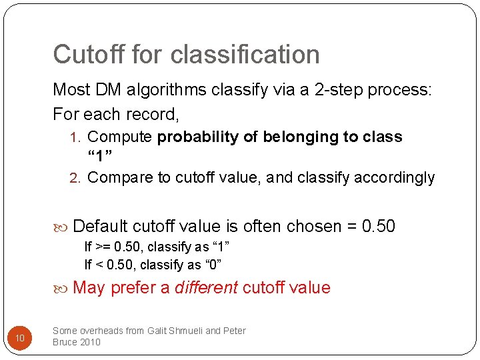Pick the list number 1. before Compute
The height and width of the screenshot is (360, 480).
tap(77, 137)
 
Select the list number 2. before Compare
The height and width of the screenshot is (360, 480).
tap(77, 178)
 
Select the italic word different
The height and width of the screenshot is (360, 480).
tap(206, 288)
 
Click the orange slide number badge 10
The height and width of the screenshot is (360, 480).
tap(20, 339)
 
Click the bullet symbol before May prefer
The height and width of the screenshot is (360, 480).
tap(64, 288)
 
